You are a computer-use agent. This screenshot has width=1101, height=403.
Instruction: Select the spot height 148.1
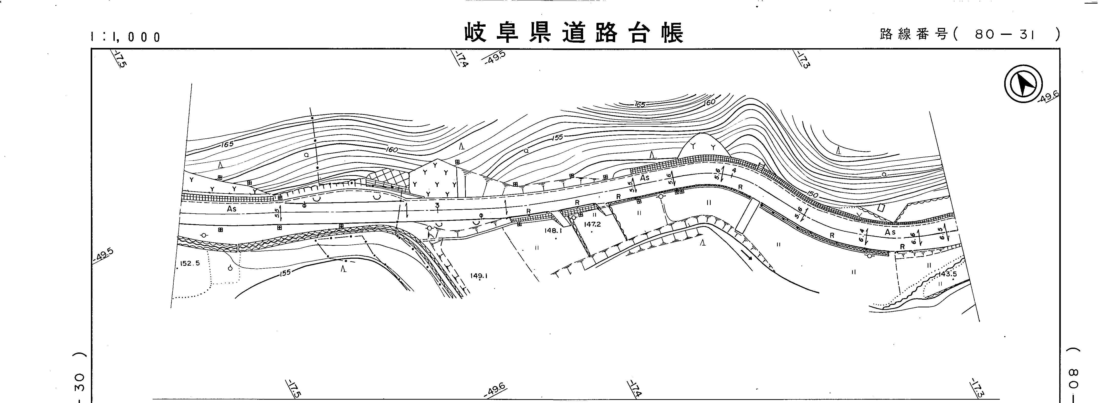pos(553,230)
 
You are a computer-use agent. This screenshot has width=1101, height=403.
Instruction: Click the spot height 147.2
pos(592,224)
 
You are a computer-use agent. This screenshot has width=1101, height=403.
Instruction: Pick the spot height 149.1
pos(479,276)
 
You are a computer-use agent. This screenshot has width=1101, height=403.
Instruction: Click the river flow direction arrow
pos(747,255)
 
